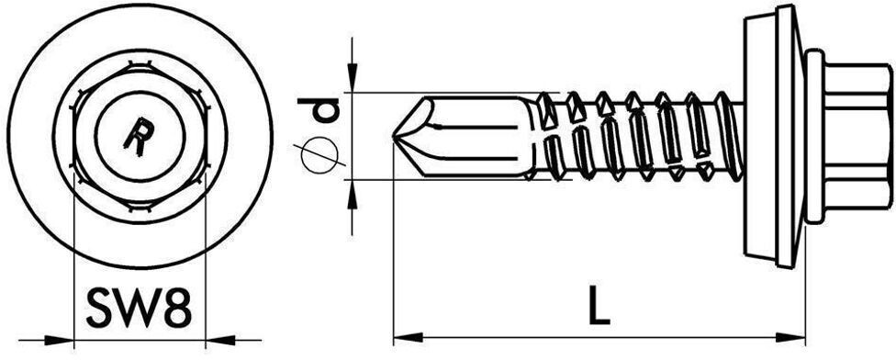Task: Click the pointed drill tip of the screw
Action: (x=397, y=138)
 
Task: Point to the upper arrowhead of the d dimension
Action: (x=352, y=83)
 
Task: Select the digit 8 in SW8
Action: (x=177, y=309)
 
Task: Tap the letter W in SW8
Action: (x=138, y=309)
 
